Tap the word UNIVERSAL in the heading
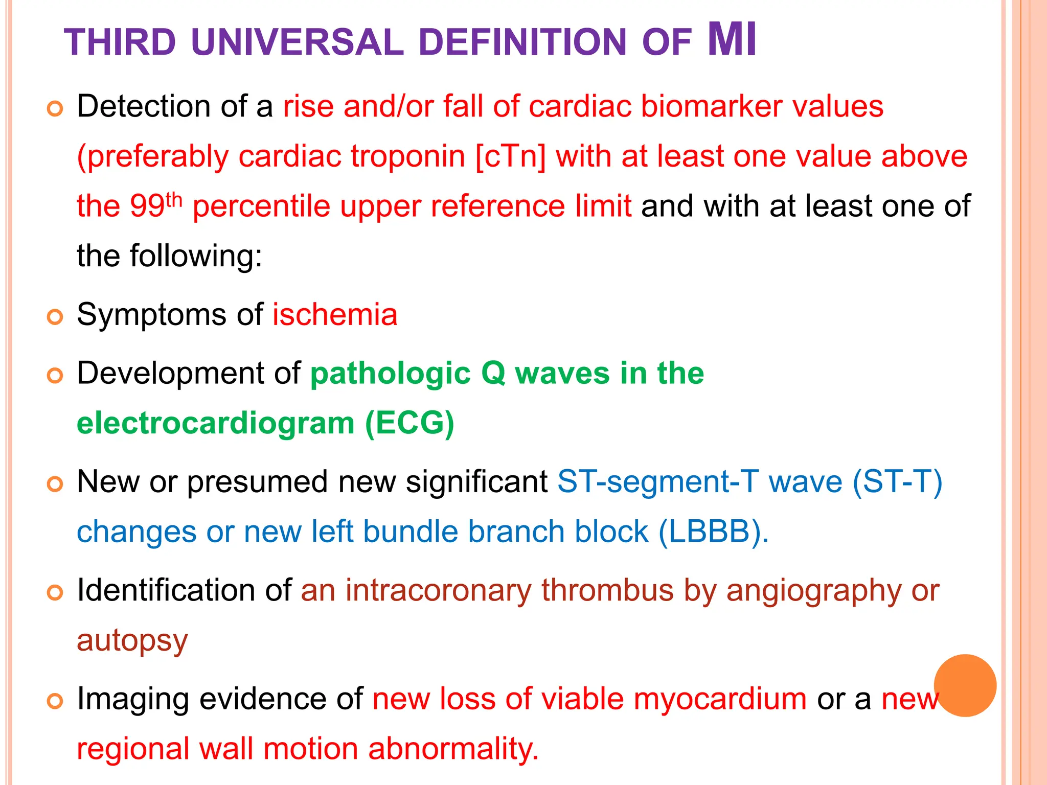(x=297, y=42)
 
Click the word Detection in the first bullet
(x=144, y=106)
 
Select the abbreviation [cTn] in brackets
(x=510, y=156)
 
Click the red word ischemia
(x=335, y=314)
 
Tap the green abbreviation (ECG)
(x=409, y=423)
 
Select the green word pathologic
(x=390, y=373)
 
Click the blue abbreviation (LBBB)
(x=713, y=532)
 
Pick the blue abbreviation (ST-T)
(x=897, y=482)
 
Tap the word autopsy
(x=132, y=640)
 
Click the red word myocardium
(x=720, y=699)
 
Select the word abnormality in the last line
(x=453, y=749)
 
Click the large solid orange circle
(x=965, y=685)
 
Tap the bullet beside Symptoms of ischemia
(x=55, y=317)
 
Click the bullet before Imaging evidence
(x=55, y=701)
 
